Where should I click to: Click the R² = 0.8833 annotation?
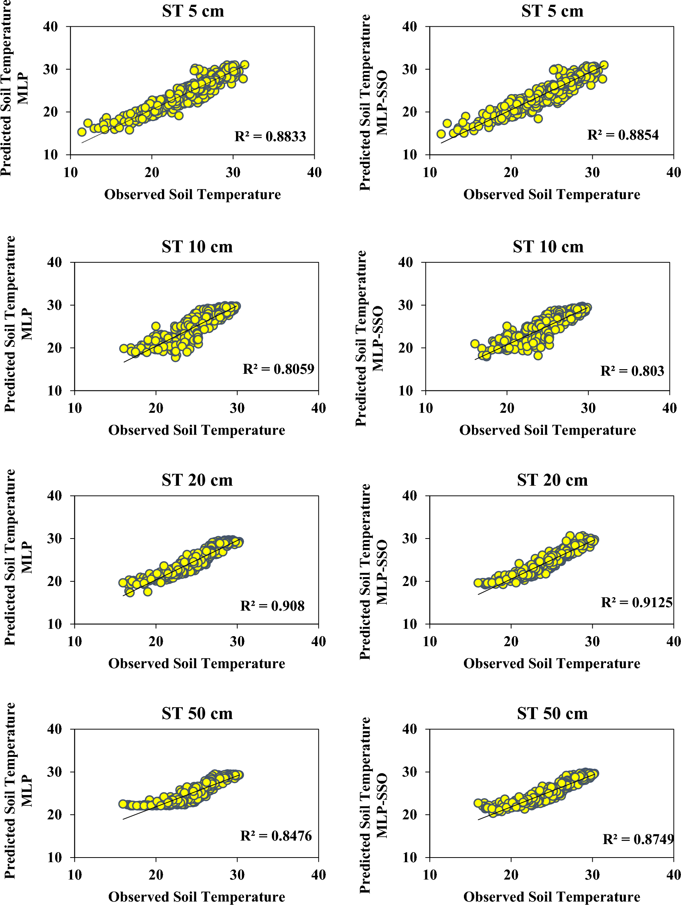coord(270,136)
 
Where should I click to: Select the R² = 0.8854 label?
coord(622,135)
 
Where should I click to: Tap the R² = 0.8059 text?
coord(278,369)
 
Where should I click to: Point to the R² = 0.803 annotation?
coord(632,371)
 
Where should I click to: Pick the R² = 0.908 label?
coord(272,606)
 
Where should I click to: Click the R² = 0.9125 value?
coord(636,603)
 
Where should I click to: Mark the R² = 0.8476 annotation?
coord(276,836)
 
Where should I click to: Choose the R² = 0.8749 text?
coord(638,839)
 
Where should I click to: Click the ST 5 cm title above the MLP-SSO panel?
coord(552,11)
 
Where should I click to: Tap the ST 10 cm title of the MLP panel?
coord(197,247)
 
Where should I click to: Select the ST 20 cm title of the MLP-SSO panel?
coord(552,480)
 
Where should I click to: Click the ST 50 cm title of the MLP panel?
coord(197,714)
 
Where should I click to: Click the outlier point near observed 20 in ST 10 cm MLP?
coord(155,326)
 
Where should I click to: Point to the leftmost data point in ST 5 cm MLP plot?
coord(82,132)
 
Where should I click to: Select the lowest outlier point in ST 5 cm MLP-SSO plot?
coord(538,119)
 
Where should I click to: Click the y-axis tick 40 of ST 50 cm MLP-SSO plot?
coord(410,729)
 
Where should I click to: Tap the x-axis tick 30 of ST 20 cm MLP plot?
coord(237,642)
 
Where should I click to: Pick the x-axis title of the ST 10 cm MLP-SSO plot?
coord(547,430)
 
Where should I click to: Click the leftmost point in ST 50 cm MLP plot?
coord(123,804)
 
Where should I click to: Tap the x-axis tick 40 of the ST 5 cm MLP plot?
coord(314,173)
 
